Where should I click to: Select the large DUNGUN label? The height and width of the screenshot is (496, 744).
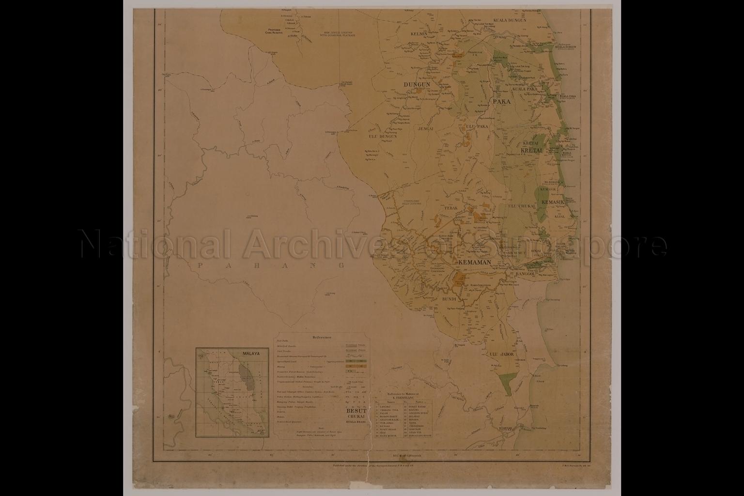click(x=417, y=85)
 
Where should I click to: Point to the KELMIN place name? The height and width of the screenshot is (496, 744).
click(x=419, y=34)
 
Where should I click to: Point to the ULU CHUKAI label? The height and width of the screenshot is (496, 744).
click(x=521, y=206)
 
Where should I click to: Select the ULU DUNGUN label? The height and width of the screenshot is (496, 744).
click(x=383, y=136)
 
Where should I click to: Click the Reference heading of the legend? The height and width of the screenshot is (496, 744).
click(x=322, y=337)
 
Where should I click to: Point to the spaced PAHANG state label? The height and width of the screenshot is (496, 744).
click(x=271, y=265)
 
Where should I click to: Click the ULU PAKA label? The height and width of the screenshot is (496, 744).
click(x=477, y=126)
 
